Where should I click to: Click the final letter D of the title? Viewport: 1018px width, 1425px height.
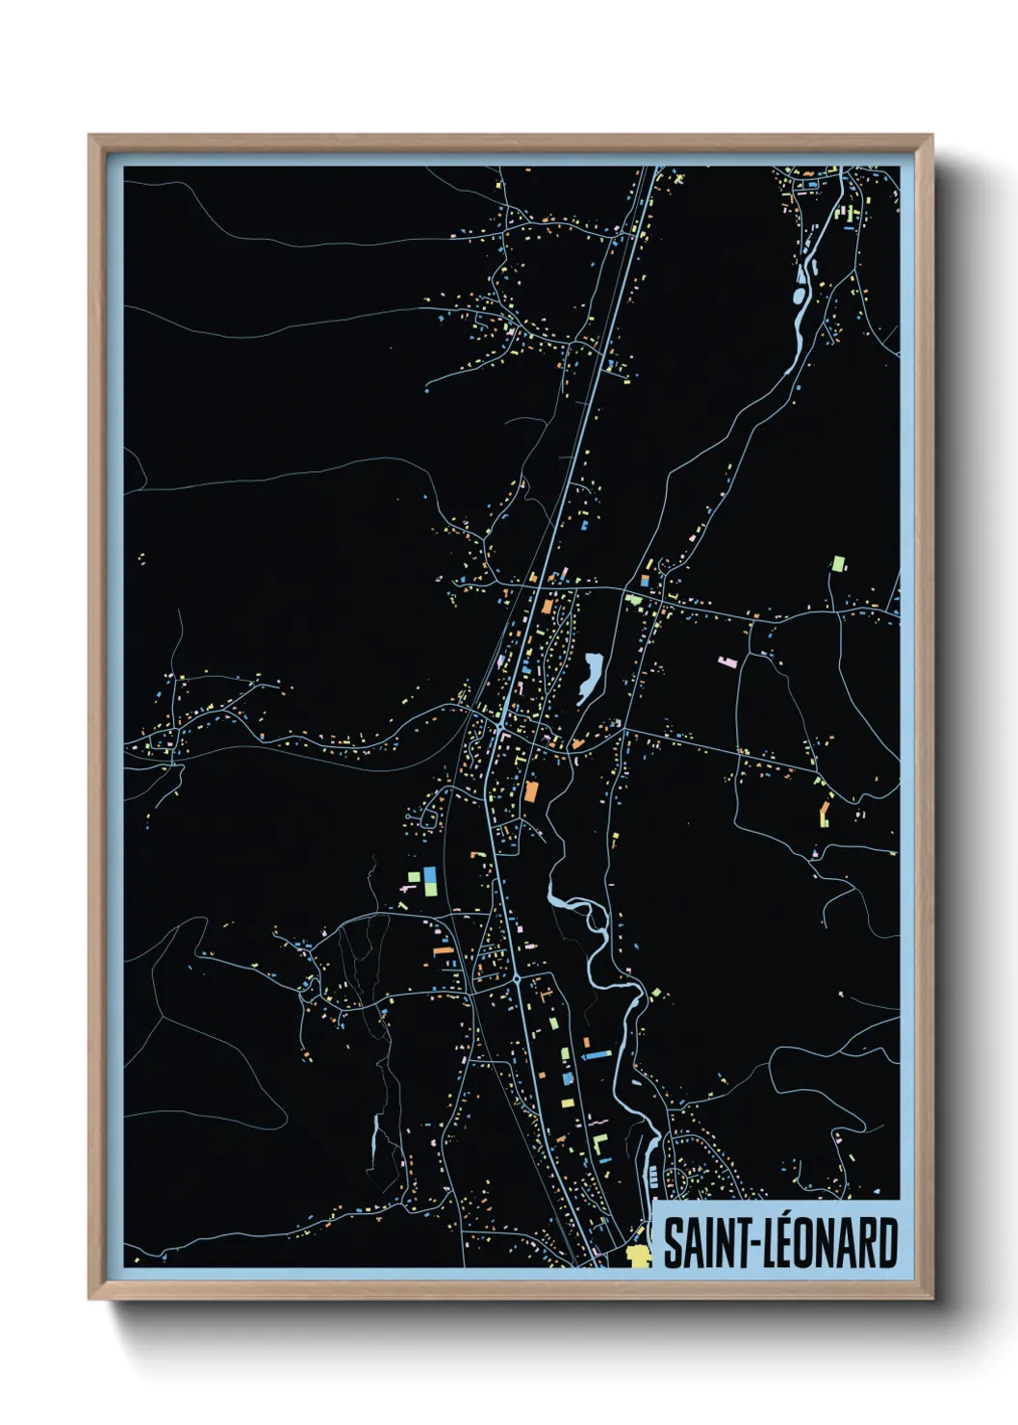(x=888, y=1243)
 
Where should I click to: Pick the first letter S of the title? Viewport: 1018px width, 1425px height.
(x=672, y=1243)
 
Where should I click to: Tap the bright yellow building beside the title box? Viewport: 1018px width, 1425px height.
(x=637, y=1255)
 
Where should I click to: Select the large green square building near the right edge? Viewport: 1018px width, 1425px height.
(x=838, y=562)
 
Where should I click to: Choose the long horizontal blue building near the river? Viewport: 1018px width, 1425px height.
(x=597, y=1055)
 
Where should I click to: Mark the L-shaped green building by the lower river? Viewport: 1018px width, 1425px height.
(x=600, y=1146)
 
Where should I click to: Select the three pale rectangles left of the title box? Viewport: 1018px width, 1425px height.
(x=654, y=1176)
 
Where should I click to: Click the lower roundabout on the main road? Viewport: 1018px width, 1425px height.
(x=517, y=978)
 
